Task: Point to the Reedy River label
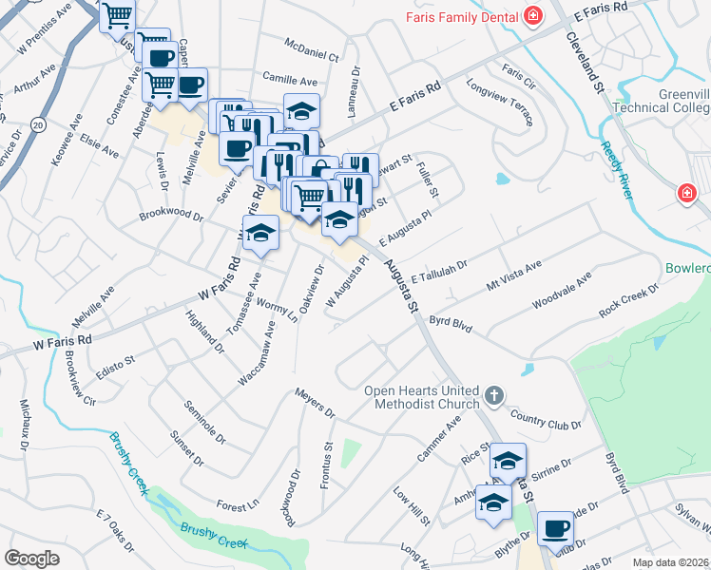(617, 171)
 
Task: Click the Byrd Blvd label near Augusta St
(451, 324)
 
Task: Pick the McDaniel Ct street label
(312, 49)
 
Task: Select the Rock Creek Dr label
(628, 301)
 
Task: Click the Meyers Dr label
(315, 403)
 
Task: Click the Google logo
(32, 558)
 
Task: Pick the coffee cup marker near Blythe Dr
(555, 527)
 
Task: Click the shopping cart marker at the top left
(117, 14)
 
